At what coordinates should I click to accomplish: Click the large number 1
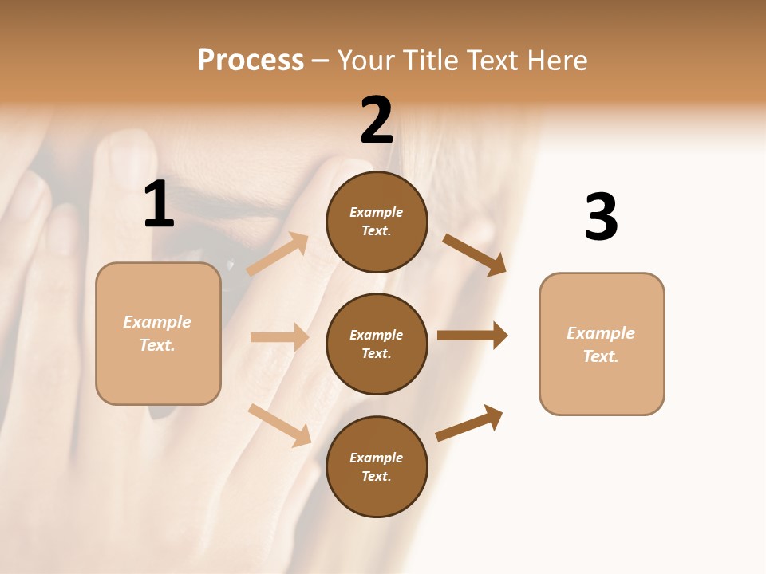pyautogui.click(x=159, y=205)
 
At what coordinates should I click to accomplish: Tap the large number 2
pyautogui.click(x=377, y=120)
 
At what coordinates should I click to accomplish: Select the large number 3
pyautogui.click(x=601, y=218)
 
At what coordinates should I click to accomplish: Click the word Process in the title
pyautogui.click(x=251, y=60)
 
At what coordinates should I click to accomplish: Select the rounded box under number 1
pyautogui.click(x=158, y=333)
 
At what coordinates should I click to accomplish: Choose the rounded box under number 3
pyautogui.click(x=602, y=344)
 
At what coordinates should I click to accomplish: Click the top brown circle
pyautogui.click(x=377, y=222)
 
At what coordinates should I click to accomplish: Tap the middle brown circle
pyautogui.click(x=377, y=344)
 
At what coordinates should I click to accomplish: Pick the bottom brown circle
pyautogui.click(x=377, y=466)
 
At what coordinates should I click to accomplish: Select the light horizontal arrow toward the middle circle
pyautogui.click(x=279, y=337)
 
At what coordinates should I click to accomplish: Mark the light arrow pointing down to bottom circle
pyautogui.click(x=280, y=425)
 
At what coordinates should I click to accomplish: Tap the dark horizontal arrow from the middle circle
pyautogui.click(x=472, y=335)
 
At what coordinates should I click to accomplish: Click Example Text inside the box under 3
pyautogui.click(x=601, y=344)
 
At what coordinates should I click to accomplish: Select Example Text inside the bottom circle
pyautogui.click(x=376, y=466)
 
